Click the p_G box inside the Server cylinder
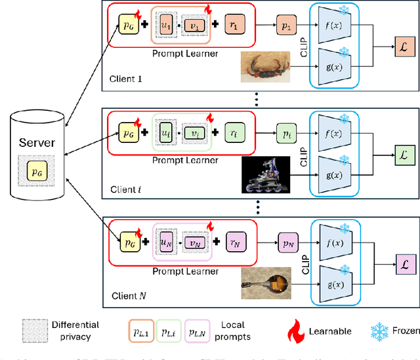coord(34,170)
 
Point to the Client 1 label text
coord(126,81)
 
